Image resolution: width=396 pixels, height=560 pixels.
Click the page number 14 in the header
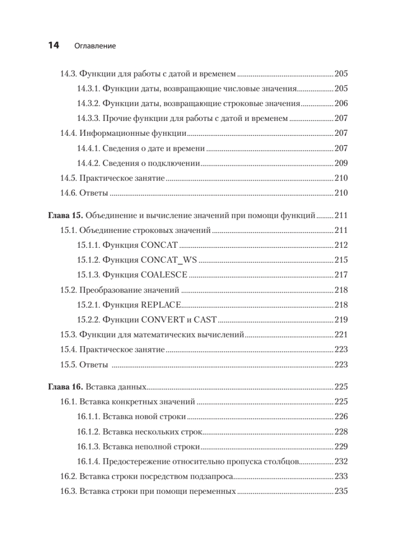pos(52,45)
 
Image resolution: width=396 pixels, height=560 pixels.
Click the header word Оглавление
pos(95,46)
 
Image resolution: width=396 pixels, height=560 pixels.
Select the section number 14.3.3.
pos(88,119)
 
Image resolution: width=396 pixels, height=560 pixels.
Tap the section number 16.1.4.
pos(88,462)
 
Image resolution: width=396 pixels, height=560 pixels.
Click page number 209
pos(341,163)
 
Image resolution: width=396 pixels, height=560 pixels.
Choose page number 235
pos(341,491)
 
